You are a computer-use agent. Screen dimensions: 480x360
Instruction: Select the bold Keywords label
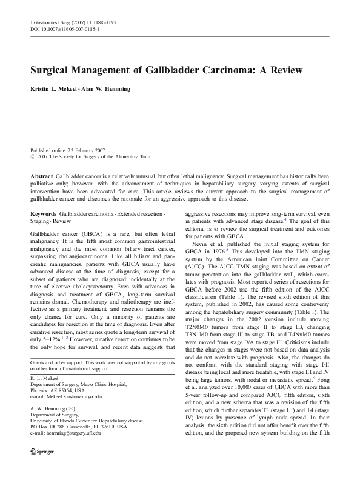(44, 215)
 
